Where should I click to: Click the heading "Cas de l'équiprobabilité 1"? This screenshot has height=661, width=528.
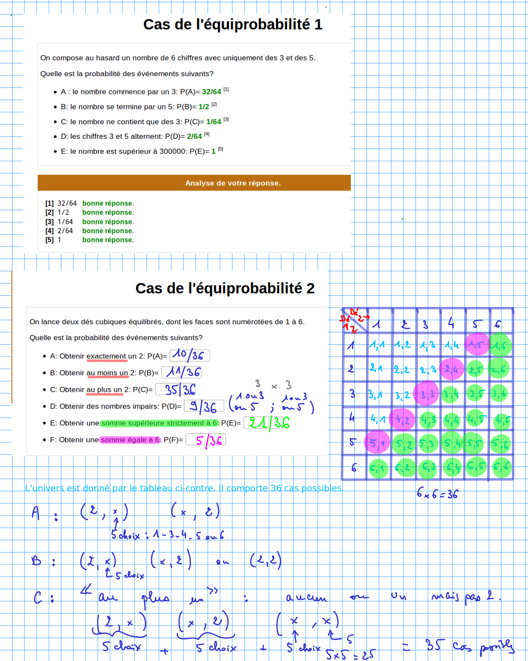[x=233, y=24]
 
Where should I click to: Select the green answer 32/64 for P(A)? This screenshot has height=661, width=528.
[x=211, y=92]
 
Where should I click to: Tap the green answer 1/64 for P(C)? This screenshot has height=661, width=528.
[x=214, y=122]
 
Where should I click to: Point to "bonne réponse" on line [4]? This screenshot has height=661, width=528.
[x=108, y=231]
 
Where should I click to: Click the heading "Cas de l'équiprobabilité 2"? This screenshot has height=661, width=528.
[x=225, y=288]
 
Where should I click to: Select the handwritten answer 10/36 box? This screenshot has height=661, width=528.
[x=190, y=355]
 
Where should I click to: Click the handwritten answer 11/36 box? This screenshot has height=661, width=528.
[x=181, y=372]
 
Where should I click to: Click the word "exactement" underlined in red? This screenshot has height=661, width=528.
[x=106, y=356]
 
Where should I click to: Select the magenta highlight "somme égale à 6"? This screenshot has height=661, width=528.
[x=130, y=440]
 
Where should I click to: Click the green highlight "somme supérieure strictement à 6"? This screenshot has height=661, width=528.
[x=159, y=423]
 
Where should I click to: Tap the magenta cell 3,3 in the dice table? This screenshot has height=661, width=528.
[x=427, y=394]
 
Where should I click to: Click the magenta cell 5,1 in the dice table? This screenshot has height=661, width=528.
[x=376, y=443]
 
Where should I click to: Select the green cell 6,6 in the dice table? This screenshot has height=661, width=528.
[x=501, y=467]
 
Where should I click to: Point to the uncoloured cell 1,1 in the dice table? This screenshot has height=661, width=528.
[x=377, y=345]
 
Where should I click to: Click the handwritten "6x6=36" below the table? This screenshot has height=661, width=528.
[x=437, y=494]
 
